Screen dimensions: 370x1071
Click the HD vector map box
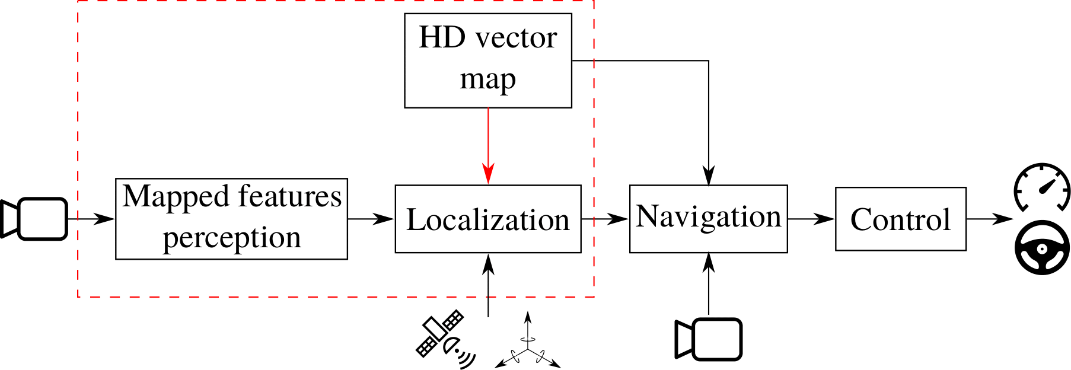[487, 60]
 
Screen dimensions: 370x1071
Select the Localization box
[487, 219]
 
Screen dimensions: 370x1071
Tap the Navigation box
[708, 218]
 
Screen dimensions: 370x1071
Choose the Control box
[900, 219]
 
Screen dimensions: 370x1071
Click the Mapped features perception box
[231, 219]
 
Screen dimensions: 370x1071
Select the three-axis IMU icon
[527, 344]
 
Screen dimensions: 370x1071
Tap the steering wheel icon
[1042, 247]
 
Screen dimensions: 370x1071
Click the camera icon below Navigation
[709, 339]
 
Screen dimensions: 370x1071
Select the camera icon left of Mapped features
[34, 219]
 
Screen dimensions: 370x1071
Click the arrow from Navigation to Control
[811, 219]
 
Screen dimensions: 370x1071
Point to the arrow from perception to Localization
[371, 219]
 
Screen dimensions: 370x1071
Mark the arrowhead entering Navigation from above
[709, 176]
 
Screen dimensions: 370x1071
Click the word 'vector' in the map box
[517, 38]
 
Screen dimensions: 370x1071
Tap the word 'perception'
[232, 238]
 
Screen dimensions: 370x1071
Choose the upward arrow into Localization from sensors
[488, 285]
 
